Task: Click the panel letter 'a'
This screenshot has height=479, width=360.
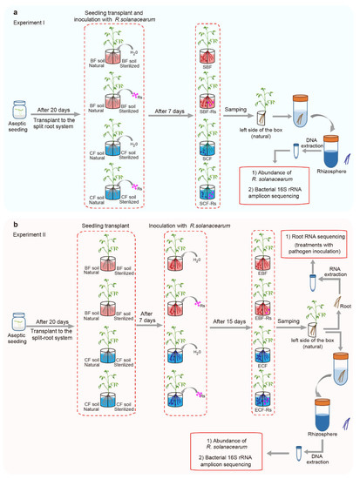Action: tap(6, 5)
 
